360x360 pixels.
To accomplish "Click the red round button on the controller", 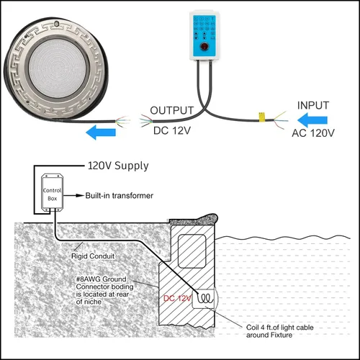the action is (204, 47).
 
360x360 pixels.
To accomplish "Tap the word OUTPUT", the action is (172, 111).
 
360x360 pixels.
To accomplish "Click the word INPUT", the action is (313, 105).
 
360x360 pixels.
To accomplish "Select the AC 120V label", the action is (313, 133).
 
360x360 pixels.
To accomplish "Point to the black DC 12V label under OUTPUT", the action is (172, 131).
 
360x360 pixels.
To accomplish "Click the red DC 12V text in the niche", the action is (177, 298).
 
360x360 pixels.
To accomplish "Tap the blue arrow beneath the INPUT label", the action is (312, 120).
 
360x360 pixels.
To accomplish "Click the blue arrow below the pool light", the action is (101, 132).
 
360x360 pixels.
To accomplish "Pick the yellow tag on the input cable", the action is (261, 117).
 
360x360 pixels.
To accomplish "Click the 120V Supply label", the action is (118, 166).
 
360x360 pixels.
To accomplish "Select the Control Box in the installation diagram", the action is (53, 192).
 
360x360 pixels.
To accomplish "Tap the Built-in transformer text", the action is (120, 196).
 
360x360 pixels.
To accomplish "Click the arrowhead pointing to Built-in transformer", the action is (80, 196).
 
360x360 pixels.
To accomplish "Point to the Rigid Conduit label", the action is (93, 256).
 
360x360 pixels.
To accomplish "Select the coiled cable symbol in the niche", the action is (205, 299).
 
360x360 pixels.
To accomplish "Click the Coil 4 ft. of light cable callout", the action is (280, 331).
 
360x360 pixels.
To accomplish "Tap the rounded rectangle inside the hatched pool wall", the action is (192, 251).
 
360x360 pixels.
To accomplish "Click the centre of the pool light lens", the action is (57, 68).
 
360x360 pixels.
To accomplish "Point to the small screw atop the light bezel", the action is (57, 24).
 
